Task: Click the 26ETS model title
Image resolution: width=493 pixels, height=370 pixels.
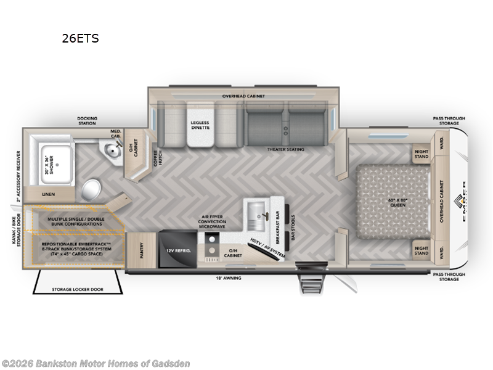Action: [x=79, y=38]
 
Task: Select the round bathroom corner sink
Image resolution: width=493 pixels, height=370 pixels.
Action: [x=112, y=150]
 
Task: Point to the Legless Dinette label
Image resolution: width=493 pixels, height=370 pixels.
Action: [x=200, y=126]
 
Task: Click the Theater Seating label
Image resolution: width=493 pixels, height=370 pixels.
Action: [x=284, y=149]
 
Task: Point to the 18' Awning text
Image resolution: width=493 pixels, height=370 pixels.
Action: [x=227, y=279]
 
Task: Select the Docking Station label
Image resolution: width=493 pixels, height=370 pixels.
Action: [x=87, y=121]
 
